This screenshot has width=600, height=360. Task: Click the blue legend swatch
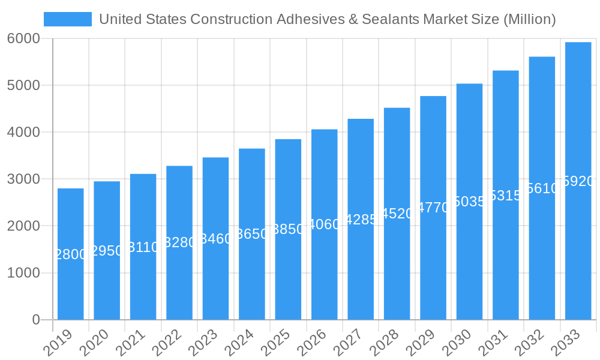tap(68, 19)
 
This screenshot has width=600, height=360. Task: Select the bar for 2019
tap(71, 254)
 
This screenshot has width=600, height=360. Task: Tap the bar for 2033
tap(578, 181)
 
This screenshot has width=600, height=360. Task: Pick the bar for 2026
tap(325, 224)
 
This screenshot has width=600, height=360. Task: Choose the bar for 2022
tap(179, 242)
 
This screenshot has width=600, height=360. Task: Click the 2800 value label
tap(71, 254)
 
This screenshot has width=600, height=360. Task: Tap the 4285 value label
tap(361, 220)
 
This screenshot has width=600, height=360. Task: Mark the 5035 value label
tap(469, 202)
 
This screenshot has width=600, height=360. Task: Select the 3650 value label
tap(252, 234)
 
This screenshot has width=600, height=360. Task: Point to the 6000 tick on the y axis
tap(23, 38)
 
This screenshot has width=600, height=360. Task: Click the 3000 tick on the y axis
tap(23, 179)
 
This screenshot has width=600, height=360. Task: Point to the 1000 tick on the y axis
tap(23, 273)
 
